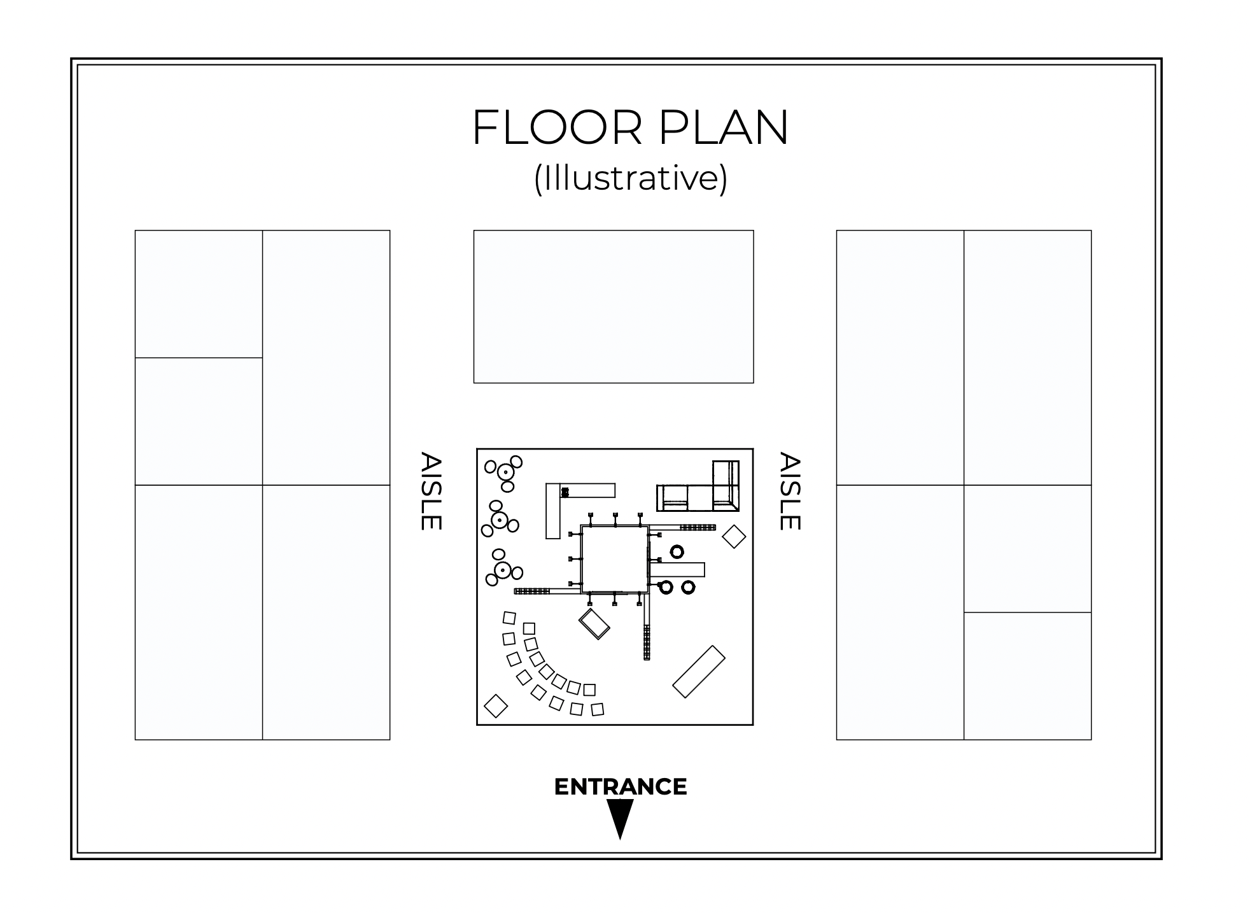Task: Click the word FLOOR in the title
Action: (558, 128)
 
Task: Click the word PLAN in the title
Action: (724, 128)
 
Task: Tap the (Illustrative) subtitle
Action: (630, 178)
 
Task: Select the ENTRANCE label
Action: (621, 787)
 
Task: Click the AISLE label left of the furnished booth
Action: (431, 491)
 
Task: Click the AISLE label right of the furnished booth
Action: (790, 491)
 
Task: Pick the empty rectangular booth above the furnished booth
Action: (614, 306)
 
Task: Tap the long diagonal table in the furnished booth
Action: (699, 672)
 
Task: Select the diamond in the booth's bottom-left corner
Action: (496, 705)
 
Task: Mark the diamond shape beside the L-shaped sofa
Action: (734, 536)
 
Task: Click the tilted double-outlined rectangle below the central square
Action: (594, 624)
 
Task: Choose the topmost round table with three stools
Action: (505, 472)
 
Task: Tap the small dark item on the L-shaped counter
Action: (565, 492)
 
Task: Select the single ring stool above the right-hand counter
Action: (677, 551)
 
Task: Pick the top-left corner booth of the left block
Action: (199, 294)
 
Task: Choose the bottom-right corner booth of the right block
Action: (1027, 676)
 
